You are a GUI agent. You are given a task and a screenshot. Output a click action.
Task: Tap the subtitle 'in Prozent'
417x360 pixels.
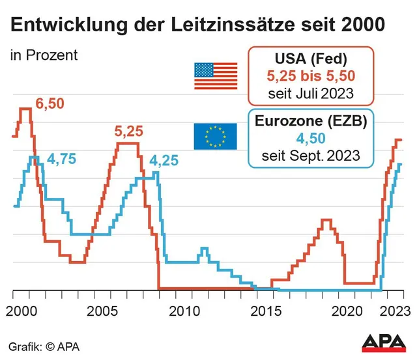(x=44, y=55)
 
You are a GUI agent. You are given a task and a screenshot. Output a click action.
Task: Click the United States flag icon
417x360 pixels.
(x=216, y=76)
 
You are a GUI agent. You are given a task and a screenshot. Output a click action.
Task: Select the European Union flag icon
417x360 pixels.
(x=215, y=136)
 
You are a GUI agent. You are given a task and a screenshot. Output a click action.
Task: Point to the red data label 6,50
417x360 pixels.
(x=50, y=104)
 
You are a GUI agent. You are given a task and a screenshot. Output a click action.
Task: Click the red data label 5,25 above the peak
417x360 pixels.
(x=128, y=132)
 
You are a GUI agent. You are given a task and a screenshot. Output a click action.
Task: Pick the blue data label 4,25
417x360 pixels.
(x=164, y=161)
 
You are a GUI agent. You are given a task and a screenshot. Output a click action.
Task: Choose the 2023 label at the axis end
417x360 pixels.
(x=392, y=311)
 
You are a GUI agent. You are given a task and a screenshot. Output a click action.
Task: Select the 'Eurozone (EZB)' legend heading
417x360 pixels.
(x=310, y=122)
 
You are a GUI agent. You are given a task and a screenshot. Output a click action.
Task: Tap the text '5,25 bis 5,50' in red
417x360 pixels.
(x=310, y=76)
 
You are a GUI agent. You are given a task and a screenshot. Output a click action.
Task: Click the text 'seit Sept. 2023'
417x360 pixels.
(x=310, y=156)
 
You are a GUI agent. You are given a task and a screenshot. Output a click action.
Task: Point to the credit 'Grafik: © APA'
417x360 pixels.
(x=44, y=346)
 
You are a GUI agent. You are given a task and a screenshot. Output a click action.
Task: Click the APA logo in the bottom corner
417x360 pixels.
(x=385, y=343)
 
